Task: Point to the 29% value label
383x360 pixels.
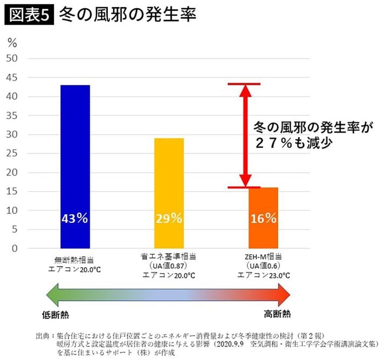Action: point(169,219)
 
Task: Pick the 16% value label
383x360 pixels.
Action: point(263,219)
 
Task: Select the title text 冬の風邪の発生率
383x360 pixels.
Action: point(127,15)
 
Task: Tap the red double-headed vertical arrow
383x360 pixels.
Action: point(244,135)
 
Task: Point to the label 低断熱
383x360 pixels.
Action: point(56,314)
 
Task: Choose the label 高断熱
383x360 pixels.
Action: point(277,314)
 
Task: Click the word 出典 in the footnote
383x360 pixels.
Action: point(42,335)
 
